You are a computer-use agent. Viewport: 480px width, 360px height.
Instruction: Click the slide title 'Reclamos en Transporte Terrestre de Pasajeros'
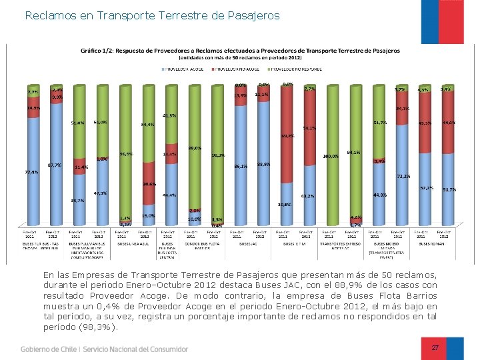(x=152, y=15)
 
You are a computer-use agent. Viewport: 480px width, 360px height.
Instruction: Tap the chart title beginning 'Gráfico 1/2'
(x=240, y=51)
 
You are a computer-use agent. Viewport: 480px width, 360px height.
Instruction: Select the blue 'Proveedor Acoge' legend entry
(x=183, y=68)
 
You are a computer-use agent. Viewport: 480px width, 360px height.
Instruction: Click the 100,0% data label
(x=331, y=157)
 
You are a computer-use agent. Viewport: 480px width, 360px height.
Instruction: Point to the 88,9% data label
(x=263, y=164)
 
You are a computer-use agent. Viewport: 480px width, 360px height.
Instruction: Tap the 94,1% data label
(x=353, y=152)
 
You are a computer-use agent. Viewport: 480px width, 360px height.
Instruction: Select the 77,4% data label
(x=32, y=172)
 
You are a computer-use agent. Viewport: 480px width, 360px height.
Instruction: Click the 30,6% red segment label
(x=149, y=184)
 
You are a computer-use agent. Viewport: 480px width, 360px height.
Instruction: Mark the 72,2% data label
(x=403, y=177)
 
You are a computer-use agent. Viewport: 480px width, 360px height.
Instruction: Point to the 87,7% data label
(x=55, y=165)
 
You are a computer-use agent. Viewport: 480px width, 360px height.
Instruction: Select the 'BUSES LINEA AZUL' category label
(x=133, y=243)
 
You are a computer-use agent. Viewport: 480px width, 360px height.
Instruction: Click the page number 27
(x=435, y=348)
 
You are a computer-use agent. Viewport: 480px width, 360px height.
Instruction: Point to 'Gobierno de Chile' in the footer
(x=48, y=349)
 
